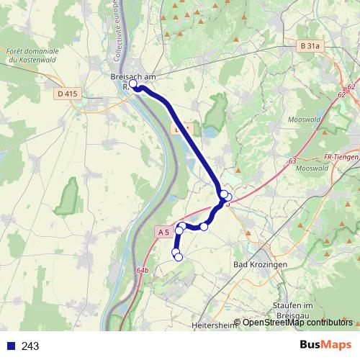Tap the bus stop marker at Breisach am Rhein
tap(133, 84)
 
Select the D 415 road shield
tap(66, 94)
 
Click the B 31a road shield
tap(308, 45)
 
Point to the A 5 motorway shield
tap(163, 232)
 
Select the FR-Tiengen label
tap(341, 157)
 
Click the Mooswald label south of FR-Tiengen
tap(311, 168)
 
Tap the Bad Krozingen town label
tap(261, 265)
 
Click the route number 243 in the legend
tap(30, 346)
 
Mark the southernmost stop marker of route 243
tap(179, 257)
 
